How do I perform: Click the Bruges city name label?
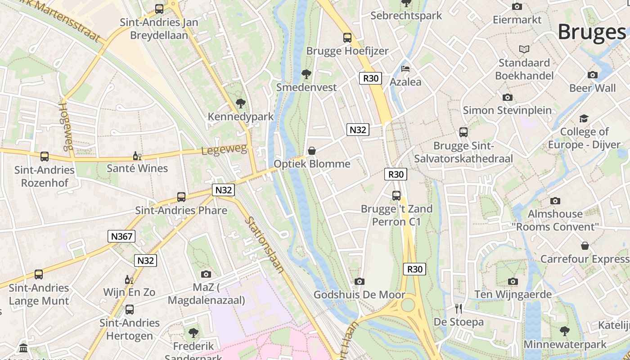tap(591, 32)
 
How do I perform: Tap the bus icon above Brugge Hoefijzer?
tap(347, 38)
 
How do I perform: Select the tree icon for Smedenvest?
tap(306, 74)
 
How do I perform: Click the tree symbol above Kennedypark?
tap(240, 103)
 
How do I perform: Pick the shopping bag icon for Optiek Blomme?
tap(311, 151)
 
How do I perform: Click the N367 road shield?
tap(121, 236)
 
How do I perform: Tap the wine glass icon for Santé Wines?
tap(137, 156)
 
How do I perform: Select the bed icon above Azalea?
tap(405, 69)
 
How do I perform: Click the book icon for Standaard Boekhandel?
tap(524, 49)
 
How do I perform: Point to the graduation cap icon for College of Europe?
tap(584, 118)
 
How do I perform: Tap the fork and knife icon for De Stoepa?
tap(459, 309)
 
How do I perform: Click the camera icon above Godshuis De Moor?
tap(359, 281)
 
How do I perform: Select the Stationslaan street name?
tap(265, 245)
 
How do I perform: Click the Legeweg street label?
tap(224, 150)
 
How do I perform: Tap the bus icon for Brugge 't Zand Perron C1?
tap(396, 195)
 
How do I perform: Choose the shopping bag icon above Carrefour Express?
tap(585, 246)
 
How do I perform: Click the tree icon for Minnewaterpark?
tap(564, 331)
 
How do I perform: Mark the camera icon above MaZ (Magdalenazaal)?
tap(206, 274)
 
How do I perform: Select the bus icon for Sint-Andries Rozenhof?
tap(44, 157)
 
